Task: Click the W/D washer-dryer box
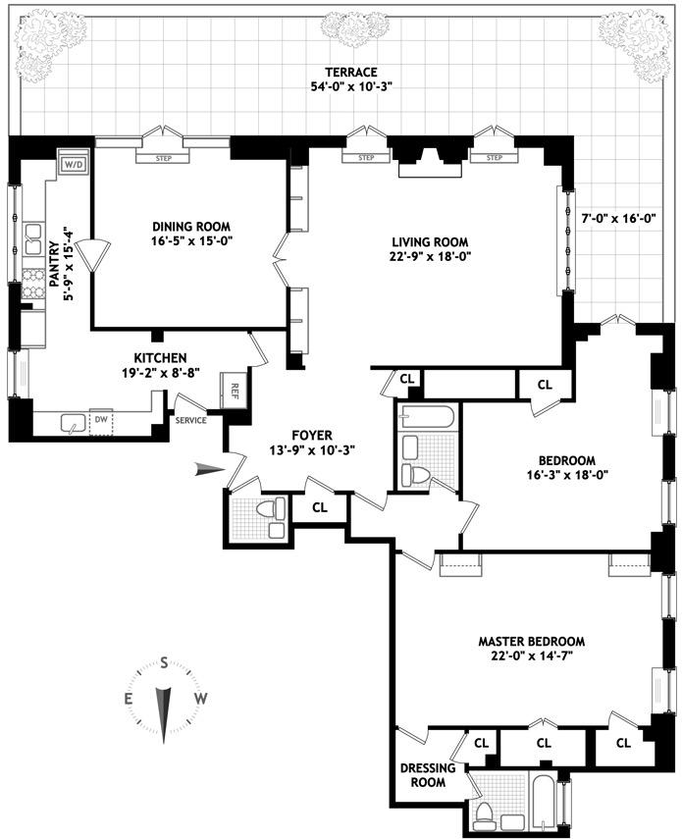click(73, 164)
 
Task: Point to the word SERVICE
click(190, 420)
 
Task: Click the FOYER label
click(311, 435)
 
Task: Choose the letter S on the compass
click(165, 661)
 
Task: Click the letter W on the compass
click(201, 699)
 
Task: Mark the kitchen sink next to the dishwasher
click(73, 422)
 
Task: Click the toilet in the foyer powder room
click(270, 508)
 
